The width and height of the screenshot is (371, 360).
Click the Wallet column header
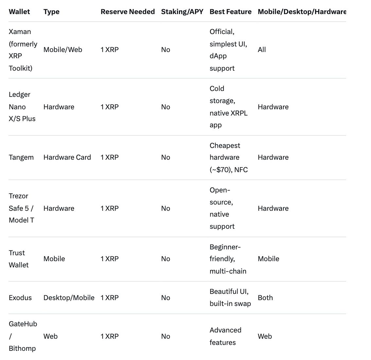[x=19, y=12]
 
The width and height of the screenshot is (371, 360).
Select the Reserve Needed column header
[x=128, y=12]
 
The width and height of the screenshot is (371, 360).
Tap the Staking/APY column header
[x=182, y=12]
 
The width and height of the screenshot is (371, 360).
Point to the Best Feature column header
[x=230, y=12]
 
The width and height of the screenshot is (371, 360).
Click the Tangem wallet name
[x=21, y=157]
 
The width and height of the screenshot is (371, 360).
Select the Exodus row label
[x=20, y=298]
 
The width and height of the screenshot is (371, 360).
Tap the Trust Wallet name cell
[x=19, y=259]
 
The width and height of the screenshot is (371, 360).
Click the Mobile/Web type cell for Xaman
[x=63, y=50]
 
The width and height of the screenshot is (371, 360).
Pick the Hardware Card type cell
[x=67, y=157]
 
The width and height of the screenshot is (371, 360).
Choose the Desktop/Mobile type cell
[x=69, y=298]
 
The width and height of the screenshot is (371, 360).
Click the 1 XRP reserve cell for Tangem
[x=110, y=157]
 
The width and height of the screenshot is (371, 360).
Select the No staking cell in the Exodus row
[x=166, y=298]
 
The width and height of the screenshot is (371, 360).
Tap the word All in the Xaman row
[x=262, y=50]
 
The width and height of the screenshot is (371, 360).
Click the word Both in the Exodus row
[x=265, y=298]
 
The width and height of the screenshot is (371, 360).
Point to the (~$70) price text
[x=221, y=170]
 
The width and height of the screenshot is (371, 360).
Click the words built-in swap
[x=230, y=304]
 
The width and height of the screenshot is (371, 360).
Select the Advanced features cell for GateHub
[x=225, y=336]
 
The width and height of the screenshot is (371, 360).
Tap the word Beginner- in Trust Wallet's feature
[x=225, y=247]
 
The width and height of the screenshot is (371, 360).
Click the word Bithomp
[x=22, y=349]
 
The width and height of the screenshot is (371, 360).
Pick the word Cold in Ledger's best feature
[x=217, y=89]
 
